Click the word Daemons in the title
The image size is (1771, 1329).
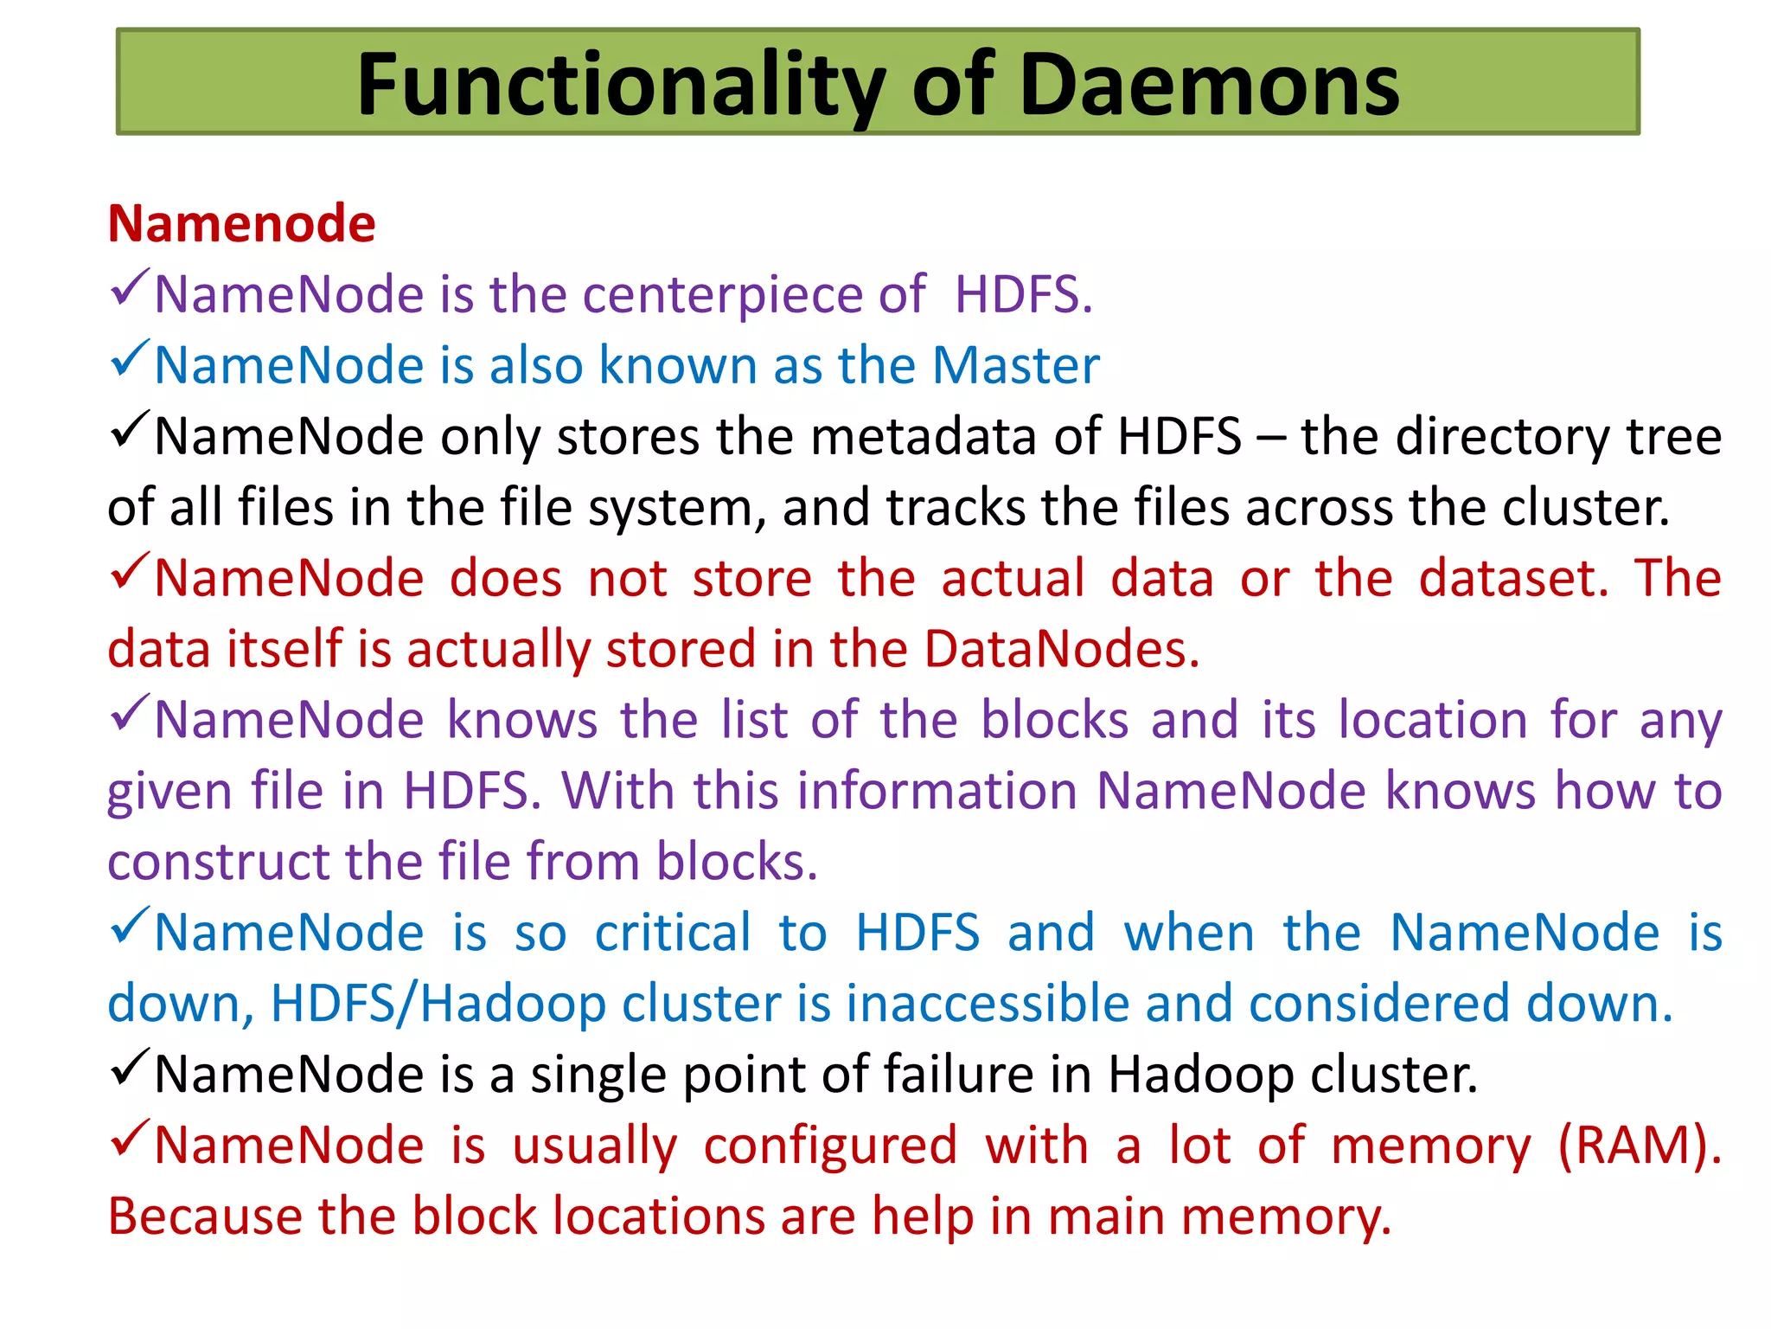point(1209,85)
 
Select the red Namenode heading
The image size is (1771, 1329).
point(241,224)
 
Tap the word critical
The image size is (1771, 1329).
point(673,934)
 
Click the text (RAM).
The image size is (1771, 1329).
point(1639,1146)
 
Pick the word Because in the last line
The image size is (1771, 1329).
point(204,1217)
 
